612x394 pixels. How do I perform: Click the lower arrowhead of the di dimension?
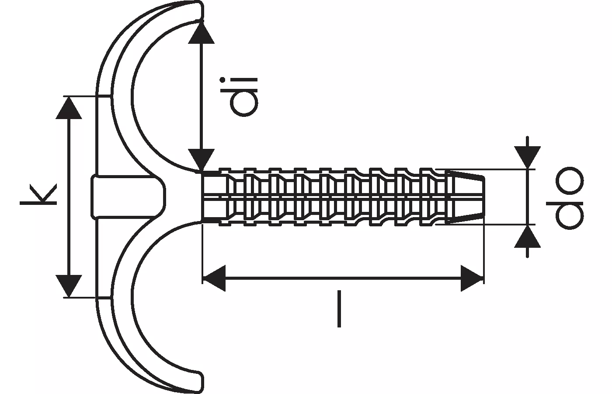201,159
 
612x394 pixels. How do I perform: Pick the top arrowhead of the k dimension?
69,108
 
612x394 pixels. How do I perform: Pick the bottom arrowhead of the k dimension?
69,285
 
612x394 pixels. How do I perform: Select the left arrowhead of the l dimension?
214,278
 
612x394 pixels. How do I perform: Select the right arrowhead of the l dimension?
472,278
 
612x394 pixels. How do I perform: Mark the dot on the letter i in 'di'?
223,80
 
